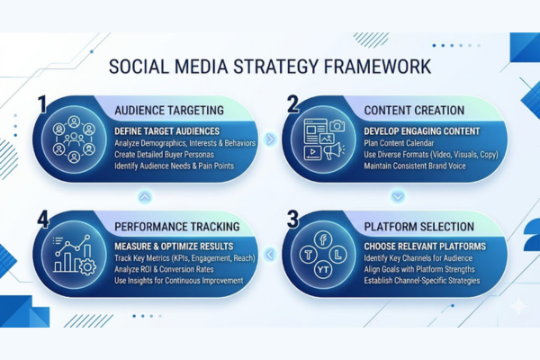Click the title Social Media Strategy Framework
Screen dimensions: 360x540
point(269,67)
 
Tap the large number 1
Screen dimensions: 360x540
point(41,106)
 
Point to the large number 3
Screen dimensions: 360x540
point(293,220)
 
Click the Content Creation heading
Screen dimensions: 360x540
point(414,110)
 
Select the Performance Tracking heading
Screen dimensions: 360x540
point(177,225)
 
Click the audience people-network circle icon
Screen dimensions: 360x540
point(74,140)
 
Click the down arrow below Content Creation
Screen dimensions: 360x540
point(397,195)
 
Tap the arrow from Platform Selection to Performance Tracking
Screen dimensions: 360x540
point(269,255)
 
